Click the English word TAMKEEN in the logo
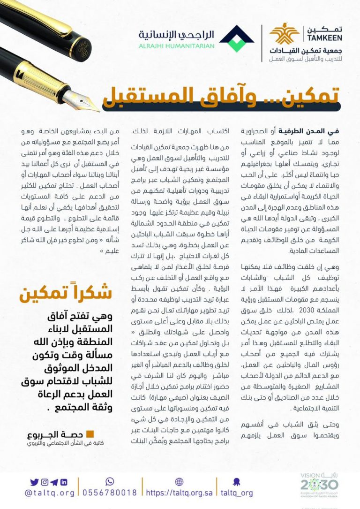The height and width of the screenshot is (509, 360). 324,38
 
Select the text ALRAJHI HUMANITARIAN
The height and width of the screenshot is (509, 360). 177,46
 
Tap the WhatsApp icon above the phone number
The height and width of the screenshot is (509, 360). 110,481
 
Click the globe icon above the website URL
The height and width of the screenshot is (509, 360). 179,482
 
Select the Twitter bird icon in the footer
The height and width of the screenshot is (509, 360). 34,482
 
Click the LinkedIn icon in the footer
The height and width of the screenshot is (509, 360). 64,482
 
